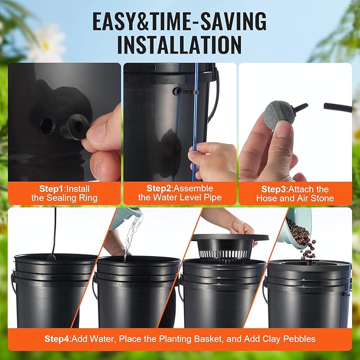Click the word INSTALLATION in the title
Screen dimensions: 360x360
click(179, 45)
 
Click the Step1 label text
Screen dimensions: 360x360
click(52, 188)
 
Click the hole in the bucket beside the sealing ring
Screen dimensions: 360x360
click(47, 126)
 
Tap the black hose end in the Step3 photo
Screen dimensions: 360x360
click(337, 107)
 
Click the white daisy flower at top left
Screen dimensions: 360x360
click(45, 42)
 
